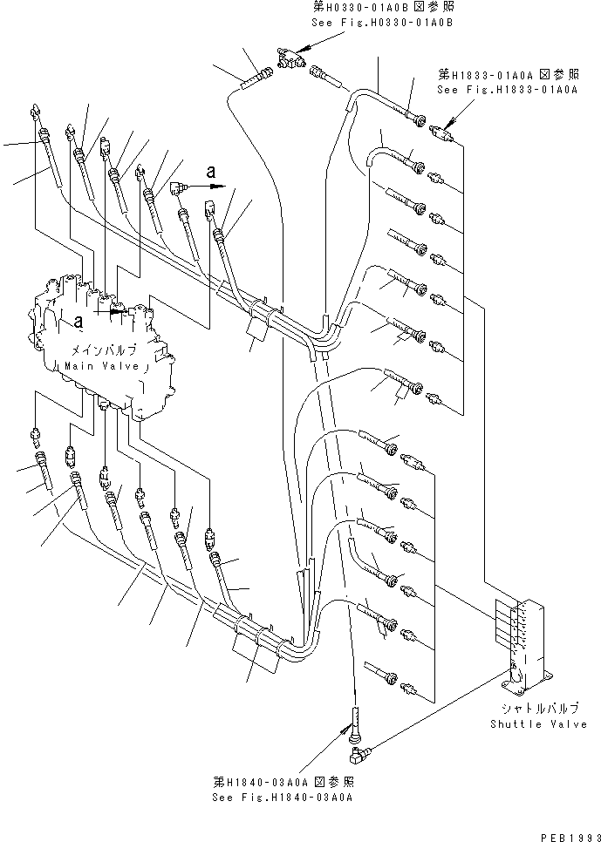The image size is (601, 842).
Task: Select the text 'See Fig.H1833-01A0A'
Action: coord(495,90)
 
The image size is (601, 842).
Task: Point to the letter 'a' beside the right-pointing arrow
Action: coord(211,173)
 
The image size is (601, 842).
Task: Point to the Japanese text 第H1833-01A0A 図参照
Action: coord(495,75)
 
